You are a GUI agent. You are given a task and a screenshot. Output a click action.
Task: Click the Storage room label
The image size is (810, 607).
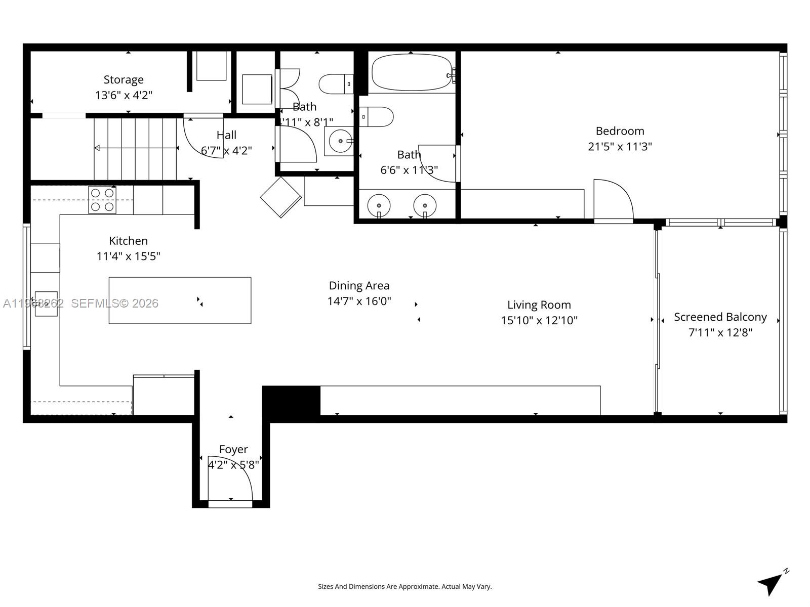click(124, 80)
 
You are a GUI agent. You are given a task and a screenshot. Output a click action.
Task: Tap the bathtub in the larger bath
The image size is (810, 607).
click(412, 73)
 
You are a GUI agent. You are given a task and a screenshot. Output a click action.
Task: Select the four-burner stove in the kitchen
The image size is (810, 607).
click(102, 200)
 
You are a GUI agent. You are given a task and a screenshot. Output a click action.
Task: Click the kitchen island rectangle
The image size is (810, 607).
click(180, 300)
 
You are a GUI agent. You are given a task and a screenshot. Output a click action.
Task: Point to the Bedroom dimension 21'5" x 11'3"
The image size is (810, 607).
click(620, 147)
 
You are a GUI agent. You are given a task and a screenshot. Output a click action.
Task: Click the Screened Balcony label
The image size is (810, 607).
click(720, 317)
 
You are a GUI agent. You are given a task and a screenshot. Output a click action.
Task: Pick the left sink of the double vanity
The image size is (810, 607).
click(379, 205)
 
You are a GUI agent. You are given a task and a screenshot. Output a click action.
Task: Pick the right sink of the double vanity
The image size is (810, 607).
click(425, 205)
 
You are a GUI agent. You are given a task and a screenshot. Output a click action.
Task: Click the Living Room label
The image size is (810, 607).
click(539, 305)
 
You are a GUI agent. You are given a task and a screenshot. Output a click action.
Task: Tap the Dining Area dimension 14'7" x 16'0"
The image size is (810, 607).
click(359, 301)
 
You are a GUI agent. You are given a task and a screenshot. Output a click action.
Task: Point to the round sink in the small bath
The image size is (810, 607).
click(340, 141)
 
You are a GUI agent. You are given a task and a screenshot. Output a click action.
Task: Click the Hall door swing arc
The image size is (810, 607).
click(202, 139)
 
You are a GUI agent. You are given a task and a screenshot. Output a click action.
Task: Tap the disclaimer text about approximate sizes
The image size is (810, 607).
click(404, 587)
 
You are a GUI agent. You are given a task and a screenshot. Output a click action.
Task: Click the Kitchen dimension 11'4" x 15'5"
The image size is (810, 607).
click(128, 256)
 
